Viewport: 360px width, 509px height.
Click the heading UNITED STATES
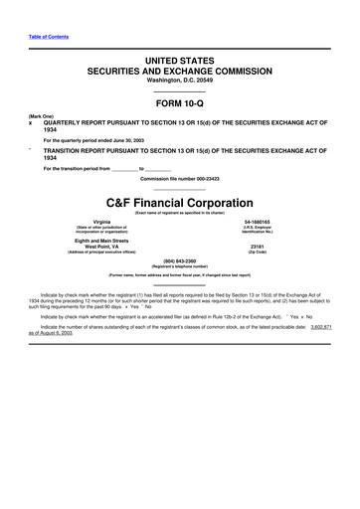(179, 62)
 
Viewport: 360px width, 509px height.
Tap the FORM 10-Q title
(179, 104)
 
